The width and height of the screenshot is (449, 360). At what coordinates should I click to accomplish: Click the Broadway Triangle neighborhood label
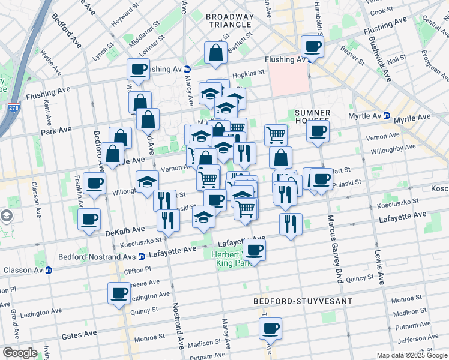pos(229,20)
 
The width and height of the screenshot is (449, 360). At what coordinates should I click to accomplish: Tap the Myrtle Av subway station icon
pos(387,115)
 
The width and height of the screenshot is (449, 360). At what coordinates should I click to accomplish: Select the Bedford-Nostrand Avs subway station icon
pos(141,256)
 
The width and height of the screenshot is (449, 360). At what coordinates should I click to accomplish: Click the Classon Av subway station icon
pos(49,270)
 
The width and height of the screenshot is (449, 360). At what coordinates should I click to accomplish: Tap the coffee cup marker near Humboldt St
pos(312,46)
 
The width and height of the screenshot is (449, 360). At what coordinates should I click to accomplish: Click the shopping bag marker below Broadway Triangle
pos(215,52)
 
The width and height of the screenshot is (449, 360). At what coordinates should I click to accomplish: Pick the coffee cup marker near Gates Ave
pos(270,328)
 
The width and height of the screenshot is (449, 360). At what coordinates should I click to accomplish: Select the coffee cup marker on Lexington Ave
pos(119,293)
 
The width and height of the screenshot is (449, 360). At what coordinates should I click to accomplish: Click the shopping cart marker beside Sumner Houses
pos(275,135)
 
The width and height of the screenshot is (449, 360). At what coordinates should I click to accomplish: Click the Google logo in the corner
pos(19,352)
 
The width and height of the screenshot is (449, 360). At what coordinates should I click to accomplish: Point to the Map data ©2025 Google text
pos(411,355)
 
